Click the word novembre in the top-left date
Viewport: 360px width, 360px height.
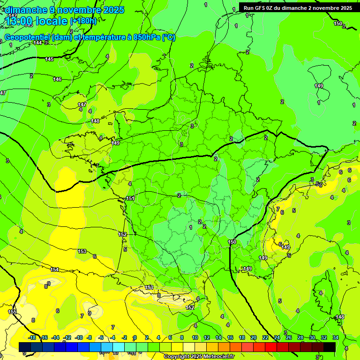tap(71, 10)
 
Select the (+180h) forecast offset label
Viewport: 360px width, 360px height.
tap(83, 21)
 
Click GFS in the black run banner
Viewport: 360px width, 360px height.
tap(264, 8)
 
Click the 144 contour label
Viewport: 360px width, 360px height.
tap(38, 43)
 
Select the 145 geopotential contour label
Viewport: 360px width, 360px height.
tap(49, 59)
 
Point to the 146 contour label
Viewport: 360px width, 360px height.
tap(57, 79)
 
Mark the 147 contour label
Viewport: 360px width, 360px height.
tap(82, 104)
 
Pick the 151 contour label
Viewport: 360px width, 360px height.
tap(130, 198)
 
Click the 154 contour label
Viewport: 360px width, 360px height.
tap(55, 270)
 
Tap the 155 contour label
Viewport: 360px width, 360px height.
tap(12, 312)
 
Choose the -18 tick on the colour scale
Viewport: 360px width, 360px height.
tap(32, 337)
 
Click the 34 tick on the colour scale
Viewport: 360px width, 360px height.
tap(336, 337)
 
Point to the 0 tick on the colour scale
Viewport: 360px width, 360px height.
tap(135, 337)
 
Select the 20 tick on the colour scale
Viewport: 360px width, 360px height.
tap(254, 337)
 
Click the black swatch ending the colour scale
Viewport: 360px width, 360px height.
tap(330, 347)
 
